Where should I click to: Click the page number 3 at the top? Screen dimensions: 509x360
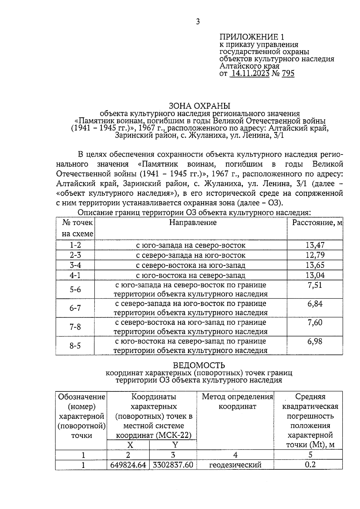[197, 22]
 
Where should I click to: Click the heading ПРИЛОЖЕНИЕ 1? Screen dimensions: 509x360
[251, 37]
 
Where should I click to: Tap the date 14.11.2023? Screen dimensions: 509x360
[249, 73]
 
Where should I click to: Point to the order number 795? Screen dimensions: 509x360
[288, 73]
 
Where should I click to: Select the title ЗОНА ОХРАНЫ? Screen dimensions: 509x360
[199, 106]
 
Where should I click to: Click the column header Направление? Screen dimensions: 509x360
[193, 223]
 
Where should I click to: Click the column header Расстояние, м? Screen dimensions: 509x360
[317, 223]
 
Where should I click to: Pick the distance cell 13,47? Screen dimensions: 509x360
[315, 245]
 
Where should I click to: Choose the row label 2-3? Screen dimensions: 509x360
[75, 255]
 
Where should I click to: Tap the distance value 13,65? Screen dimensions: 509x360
[315, 265]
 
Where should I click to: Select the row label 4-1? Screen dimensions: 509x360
[75, 275]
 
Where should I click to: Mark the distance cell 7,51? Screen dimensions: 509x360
[315, 285]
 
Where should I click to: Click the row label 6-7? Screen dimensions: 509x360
[75, 308]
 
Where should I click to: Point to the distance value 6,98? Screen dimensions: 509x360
[315, 341]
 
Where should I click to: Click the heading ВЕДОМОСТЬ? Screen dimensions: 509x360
[199, 365]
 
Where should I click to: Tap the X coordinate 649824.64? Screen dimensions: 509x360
[128, 465]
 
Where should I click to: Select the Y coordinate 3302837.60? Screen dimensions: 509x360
[173, 465]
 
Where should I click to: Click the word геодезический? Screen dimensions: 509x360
[235, 465]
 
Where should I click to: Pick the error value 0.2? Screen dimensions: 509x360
[310, 465]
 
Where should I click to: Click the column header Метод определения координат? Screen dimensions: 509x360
[237, 402]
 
